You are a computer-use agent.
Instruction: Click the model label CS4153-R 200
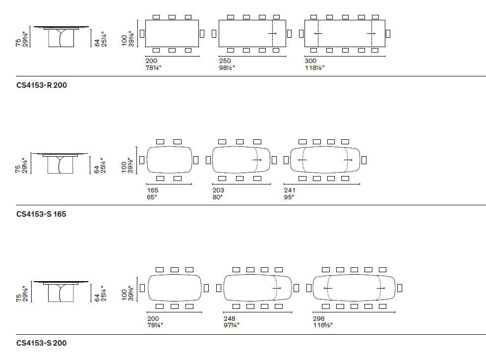[x=42, y=85]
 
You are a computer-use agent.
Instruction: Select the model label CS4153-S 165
[x=41, y=214]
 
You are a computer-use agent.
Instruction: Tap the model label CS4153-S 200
[x=41, y=343]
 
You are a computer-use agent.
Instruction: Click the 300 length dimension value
[x=311, y=60]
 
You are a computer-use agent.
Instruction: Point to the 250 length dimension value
[x=225, y=60]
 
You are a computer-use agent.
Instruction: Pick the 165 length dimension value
[x=153, y=190]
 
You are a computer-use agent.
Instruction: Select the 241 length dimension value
[x=290, y=190]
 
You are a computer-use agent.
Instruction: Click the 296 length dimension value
[x=319, y=318]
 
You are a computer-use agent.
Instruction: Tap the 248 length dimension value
[x=230, y=318]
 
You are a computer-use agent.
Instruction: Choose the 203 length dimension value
[x=218, y=190]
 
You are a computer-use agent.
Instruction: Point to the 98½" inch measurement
[x=227, y=67]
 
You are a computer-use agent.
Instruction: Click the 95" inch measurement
[x=289, y=196]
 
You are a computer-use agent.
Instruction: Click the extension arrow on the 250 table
[x=273, y=34]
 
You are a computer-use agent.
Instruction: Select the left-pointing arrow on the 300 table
[x=318, y=34]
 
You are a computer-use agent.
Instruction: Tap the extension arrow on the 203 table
[x=257, y=160]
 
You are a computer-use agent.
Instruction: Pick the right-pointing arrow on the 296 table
[x=381, y=288]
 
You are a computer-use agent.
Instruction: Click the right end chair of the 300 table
[x=388, y=33]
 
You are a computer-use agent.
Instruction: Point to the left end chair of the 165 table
[x=142, y=160]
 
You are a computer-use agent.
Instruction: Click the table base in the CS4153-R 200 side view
[x=60, y=39]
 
